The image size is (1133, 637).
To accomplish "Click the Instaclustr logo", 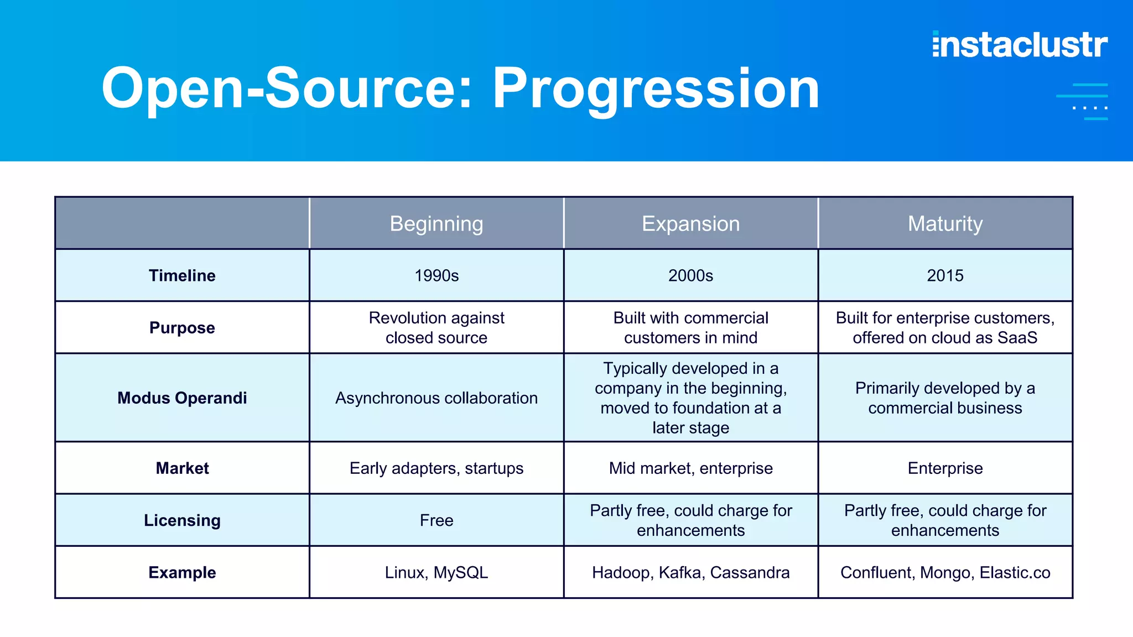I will coord(1020,45).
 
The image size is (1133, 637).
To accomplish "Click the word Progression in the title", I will coord(655,88).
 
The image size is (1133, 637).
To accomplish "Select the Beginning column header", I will coord(436,224).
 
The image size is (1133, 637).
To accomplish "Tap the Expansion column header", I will coord(690,224).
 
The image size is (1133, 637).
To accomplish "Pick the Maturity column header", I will coord(945,224).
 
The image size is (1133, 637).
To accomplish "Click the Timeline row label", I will coord(182,275).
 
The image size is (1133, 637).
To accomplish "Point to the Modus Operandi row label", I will coord(182,398).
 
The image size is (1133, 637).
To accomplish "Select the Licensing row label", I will coord(182,520).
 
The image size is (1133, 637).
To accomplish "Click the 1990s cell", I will coord(436,275).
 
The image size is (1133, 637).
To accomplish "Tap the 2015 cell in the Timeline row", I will coord(945,275).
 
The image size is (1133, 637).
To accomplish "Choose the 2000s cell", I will coord(690,275).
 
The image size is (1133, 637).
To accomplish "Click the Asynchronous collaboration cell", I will coord(436,398).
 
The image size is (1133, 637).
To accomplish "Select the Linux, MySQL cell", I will coord(436,572).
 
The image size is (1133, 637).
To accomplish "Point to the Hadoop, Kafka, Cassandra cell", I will coord(690,572).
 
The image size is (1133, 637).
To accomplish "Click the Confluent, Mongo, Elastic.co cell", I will coord(945,572).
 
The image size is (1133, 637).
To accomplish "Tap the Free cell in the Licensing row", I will coord(436,520).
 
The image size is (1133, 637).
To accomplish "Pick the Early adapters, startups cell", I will coord(436,468).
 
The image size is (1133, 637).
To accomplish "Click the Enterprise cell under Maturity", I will coord(945,468).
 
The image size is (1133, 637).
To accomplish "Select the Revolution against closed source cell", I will coord(436,327).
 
